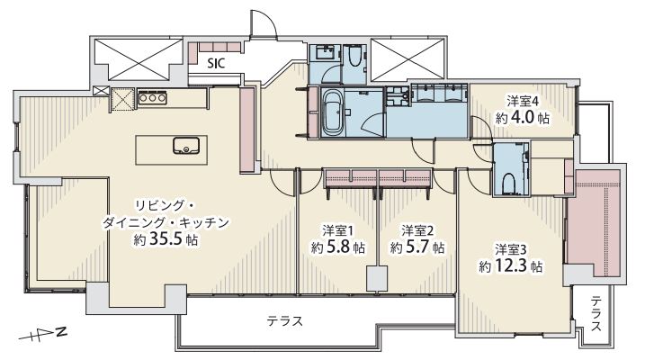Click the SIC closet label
point(216,63)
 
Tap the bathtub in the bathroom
point(333,113)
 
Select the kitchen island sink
point(186,146)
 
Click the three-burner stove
point(152,98)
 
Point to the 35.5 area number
point(166,239)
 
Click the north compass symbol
point(43,334)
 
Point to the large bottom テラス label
point(284,320)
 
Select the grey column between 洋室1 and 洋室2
point(377,279)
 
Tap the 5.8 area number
point(339,247)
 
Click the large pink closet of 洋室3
point(594,222)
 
